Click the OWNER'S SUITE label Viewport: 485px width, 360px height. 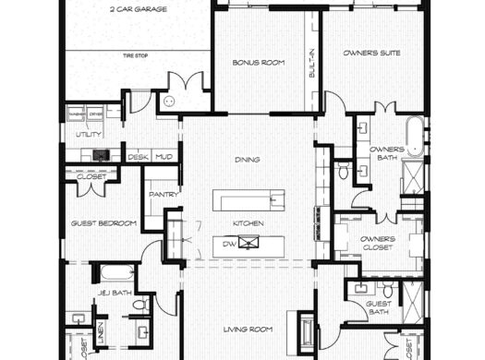click(371, 54)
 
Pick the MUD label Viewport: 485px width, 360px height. click(164, 157)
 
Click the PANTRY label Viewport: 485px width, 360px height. click(164, 195)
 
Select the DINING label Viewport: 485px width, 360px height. click(247, 160)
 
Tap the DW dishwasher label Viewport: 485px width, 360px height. click(229, 244)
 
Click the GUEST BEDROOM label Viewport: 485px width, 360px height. click(103, 223)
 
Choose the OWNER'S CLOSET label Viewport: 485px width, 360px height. click(378, 244)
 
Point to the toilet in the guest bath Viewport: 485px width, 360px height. click(387, 291)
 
